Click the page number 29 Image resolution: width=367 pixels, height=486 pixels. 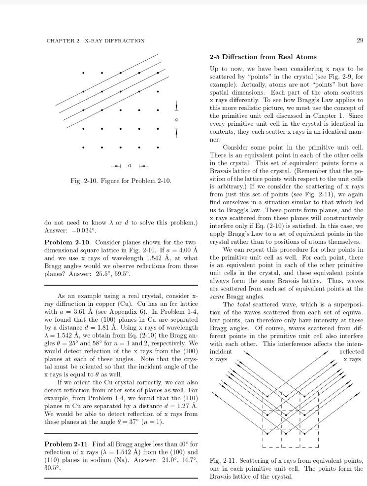(x=360, y=40)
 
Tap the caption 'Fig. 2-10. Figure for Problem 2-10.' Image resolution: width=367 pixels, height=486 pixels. (x=121, y=181)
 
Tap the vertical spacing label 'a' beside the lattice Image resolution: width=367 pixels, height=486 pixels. (x=176, y=120)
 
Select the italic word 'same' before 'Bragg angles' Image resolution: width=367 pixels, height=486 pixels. (x=216, y=297)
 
